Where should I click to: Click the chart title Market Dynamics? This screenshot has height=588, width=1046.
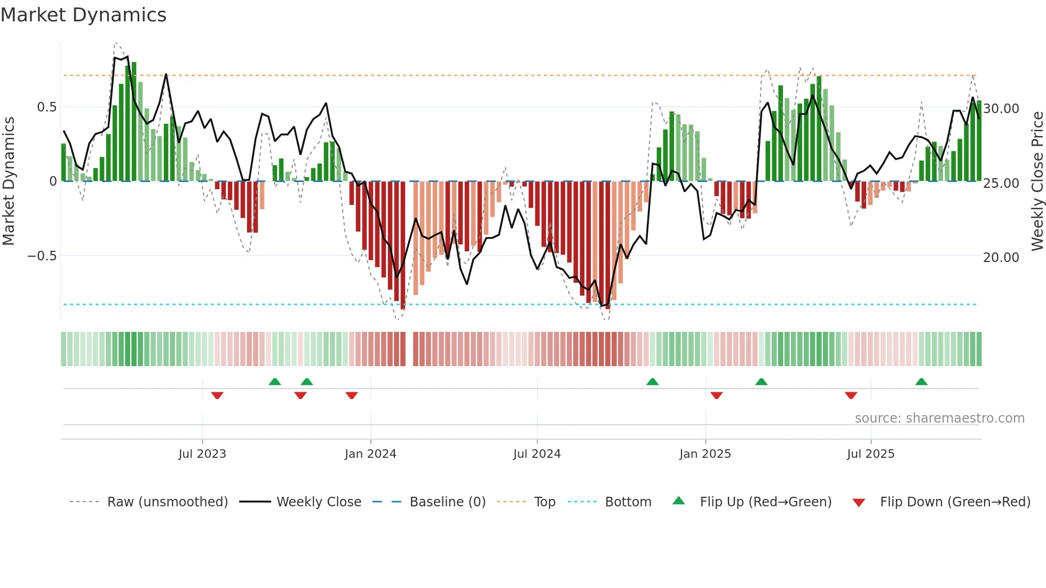83,15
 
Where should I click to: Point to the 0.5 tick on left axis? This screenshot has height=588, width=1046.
46,107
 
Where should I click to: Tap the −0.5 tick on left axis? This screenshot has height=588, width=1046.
42,256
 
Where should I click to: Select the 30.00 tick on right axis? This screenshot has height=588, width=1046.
1001,109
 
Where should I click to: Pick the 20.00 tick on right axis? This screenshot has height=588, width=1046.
1001,258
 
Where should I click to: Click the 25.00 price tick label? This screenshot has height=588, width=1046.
1001,184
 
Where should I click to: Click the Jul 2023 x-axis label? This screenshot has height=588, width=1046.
202,454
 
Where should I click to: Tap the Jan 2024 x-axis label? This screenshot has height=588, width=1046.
370,454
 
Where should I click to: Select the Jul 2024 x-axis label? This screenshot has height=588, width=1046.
537,454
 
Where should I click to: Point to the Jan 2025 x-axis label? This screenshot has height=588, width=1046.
705,454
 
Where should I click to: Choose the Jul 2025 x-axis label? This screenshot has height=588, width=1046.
870,454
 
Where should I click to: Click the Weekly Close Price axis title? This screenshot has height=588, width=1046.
1037,181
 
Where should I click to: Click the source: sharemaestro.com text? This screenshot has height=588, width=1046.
939,418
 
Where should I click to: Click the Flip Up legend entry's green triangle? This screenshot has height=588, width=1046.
678,501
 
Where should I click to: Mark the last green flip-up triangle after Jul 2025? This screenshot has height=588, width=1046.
921,382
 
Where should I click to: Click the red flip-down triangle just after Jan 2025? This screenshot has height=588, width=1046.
716,395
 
